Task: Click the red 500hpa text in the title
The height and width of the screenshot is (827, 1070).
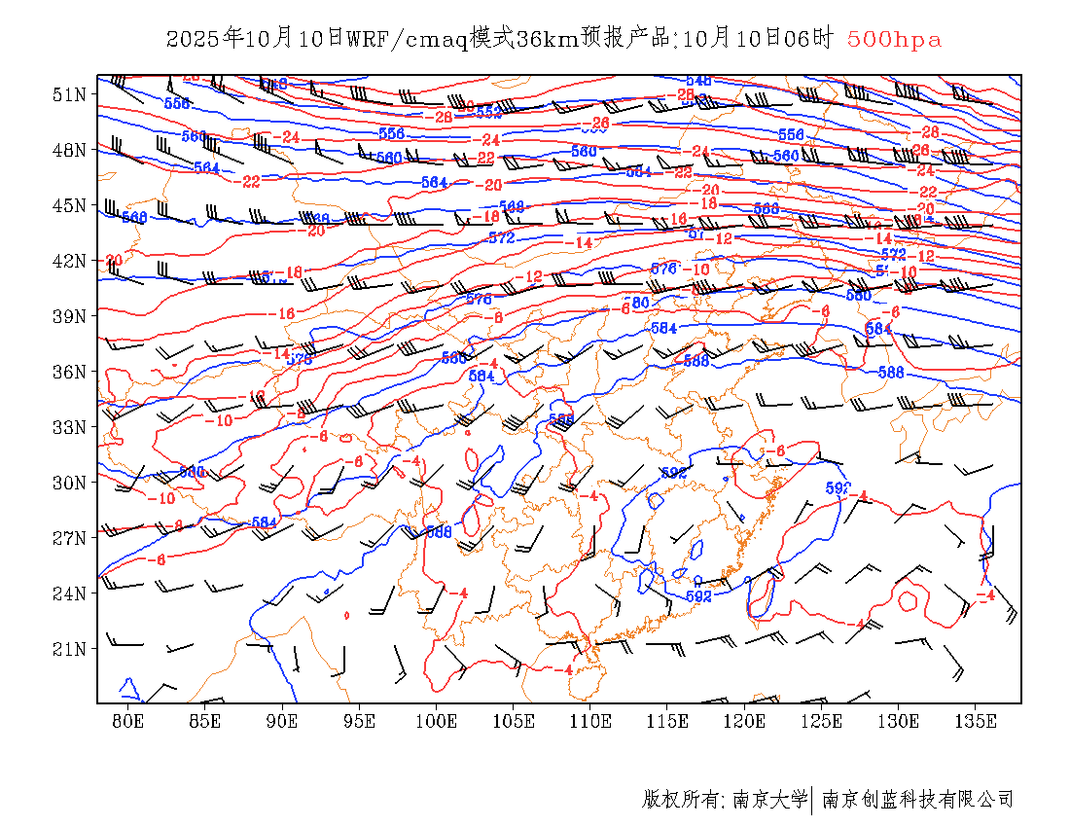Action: coord(894,40)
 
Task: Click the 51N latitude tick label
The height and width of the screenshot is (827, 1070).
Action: coord(69,94)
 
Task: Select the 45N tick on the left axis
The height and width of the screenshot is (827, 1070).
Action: coord(69,205)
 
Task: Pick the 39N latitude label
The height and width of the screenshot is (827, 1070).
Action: coord(69,316)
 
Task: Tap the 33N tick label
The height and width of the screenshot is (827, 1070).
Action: coord(69,427)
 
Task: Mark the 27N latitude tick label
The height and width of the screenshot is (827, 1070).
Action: coord(69,538)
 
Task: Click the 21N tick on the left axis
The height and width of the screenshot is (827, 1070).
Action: coord(69,649)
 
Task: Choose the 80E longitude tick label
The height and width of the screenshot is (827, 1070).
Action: coord(128,721)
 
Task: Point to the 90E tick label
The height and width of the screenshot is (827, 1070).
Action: coord(282,721)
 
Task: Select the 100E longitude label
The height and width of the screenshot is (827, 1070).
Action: coord(436,721)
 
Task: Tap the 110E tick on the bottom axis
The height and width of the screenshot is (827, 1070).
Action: coord(590,721)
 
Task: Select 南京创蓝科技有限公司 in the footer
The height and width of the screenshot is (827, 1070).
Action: coord(917,800)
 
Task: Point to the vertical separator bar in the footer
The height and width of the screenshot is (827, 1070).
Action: coord(812,800)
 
